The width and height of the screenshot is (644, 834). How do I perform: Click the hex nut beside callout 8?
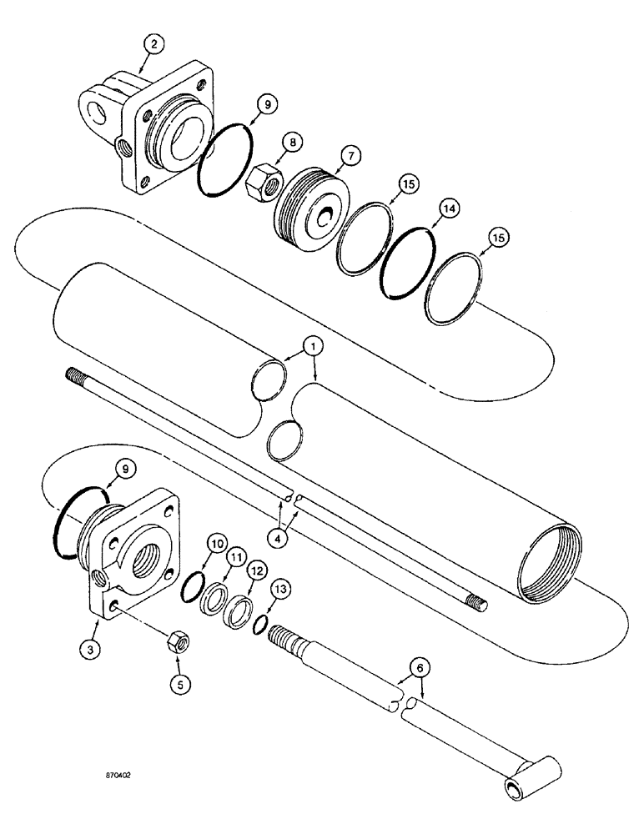point(266,178)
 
